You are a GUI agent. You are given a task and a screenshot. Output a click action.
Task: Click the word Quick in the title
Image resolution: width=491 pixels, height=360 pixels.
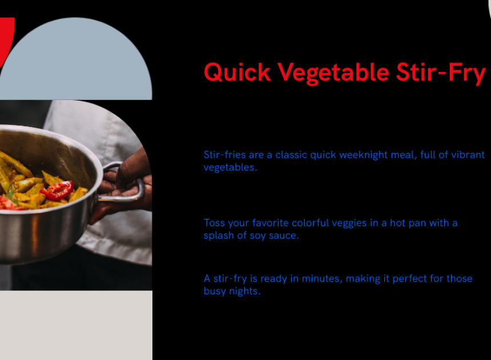point(237,73)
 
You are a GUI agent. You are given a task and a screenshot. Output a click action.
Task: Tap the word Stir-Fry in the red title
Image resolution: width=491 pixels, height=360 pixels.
point(441,73)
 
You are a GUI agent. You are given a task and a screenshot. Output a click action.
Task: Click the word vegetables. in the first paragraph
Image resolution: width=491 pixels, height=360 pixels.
point(230,167)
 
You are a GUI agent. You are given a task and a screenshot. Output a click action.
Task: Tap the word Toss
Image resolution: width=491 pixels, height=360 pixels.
point(214,223)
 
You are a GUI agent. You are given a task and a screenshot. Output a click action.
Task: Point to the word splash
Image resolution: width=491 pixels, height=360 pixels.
point(219,235)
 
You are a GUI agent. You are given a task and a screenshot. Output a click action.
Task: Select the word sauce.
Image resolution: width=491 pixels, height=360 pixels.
point(284,235)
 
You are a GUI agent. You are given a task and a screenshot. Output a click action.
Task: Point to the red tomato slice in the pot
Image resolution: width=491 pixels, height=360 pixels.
point(58,190)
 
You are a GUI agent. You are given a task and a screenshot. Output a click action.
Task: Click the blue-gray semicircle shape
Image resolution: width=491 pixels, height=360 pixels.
point(76,59)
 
